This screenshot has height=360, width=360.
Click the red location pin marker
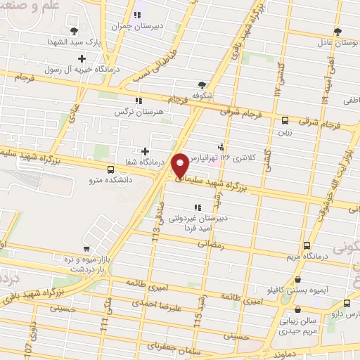tap(181, 165)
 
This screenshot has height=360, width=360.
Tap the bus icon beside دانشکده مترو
tap(110, 169)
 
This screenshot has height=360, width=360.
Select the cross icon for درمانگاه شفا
tap(145, 150)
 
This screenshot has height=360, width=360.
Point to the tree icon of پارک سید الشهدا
tap(74, 30)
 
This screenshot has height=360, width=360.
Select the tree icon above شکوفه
tap(203, 85)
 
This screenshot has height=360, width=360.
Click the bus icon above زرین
tap(284, 120)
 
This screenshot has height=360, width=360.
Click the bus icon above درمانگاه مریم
tap(307, 245)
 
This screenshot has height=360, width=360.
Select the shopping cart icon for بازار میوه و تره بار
tap(86, 249)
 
